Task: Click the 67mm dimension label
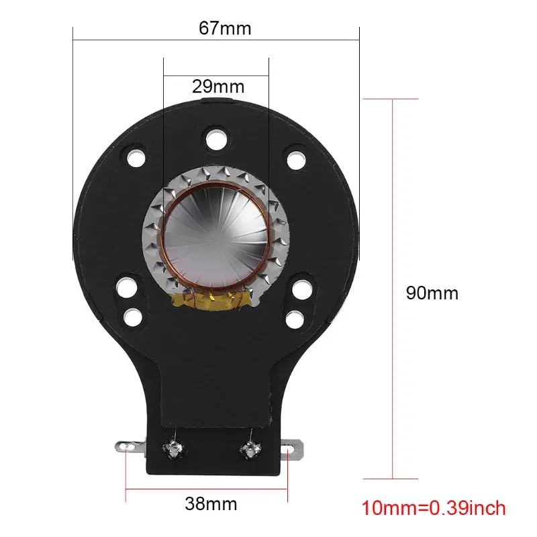coord(225,28)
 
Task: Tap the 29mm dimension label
coord(218,87)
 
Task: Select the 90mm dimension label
coord(432,293)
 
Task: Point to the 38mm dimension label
coord(211,504)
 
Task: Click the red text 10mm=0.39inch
coord(433,508)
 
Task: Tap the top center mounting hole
coord(216,140)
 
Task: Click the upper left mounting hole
coord(136,158)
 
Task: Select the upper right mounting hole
coord(296,160)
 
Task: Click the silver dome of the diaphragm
coord(215,237)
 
